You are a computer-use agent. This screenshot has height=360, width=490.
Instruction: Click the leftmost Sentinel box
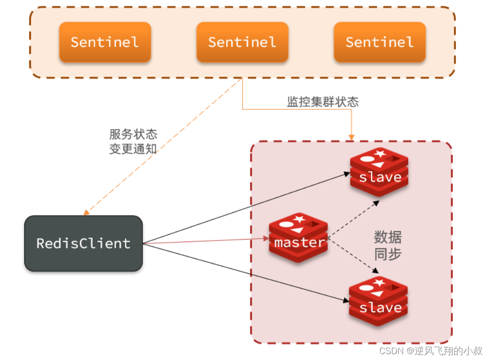click(x=105, y=42)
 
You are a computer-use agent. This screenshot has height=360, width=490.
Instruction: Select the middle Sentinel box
click(x=242, y=42)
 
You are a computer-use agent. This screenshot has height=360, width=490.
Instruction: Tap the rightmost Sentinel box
click(x=380, y=42)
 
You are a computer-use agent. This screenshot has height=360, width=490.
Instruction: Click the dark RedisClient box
click(x=83, y=243)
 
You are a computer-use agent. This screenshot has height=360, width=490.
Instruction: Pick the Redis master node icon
click(x=298, y=238)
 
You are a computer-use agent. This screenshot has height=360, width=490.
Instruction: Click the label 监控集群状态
click(x=323, y=102)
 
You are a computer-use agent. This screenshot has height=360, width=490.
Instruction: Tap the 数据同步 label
click(x=388, y=246)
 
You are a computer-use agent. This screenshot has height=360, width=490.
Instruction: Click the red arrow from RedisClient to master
click(x=205, y=240)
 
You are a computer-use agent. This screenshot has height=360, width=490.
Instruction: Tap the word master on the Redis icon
click(x=299, y=242)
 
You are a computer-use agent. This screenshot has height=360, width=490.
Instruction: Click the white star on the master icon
click(x=299, y=220)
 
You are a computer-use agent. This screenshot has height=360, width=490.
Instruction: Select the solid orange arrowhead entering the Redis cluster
click(x=351, y=137)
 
